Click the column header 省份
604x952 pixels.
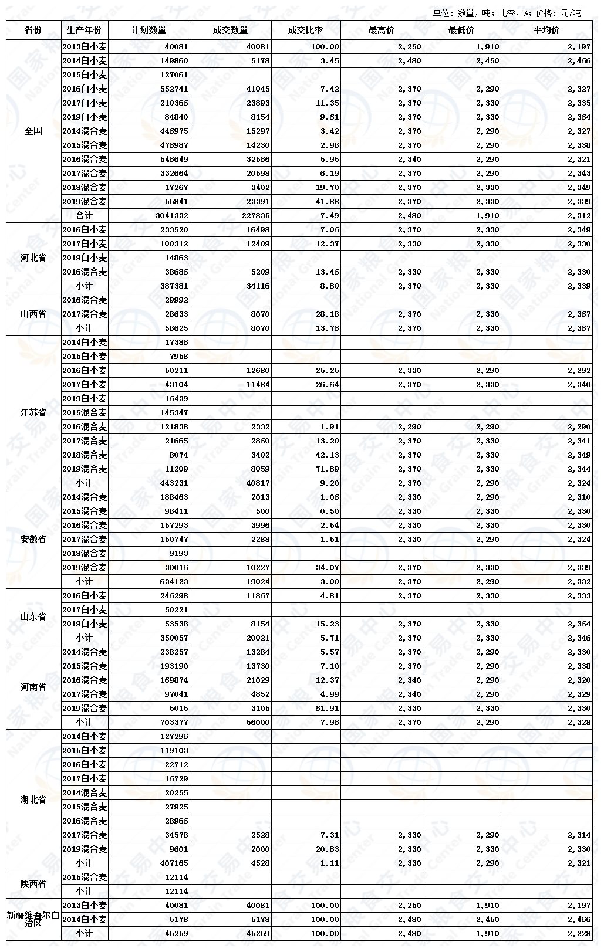coord(33,30)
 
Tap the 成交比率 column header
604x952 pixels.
coord(305,30)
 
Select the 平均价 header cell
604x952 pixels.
coord(546,30)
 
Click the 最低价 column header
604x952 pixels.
coord(461,30)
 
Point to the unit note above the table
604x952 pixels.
coord(507,12)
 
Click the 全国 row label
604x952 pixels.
coord(33,131)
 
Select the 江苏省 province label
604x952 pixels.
coord(33,412)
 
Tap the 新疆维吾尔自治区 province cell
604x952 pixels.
coord(33,919)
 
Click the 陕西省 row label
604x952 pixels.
coord(33,884)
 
